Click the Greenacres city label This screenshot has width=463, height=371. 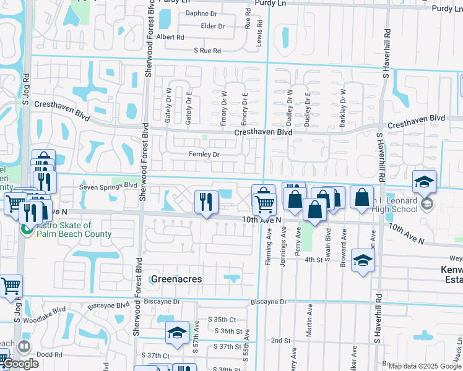pos(170,279)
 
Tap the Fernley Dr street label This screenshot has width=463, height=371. pos(204,154)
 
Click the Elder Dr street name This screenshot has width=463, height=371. pos(212,26)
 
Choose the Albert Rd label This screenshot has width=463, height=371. pos(170,37)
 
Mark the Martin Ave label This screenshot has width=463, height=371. pos(309,325)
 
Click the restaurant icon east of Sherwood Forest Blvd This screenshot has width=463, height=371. pos(206,202)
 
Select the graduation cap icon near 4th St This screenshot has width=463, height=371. pos(363,260)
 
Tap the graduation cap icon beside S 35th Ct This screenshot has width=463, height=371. pos(177,334)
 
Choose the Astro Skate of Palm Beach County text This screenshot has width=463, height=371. pos(72,230)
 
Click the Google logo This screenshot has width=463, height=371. pos(20,364)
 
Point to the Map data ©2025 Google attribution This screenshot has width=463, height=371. pos(425,366)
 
